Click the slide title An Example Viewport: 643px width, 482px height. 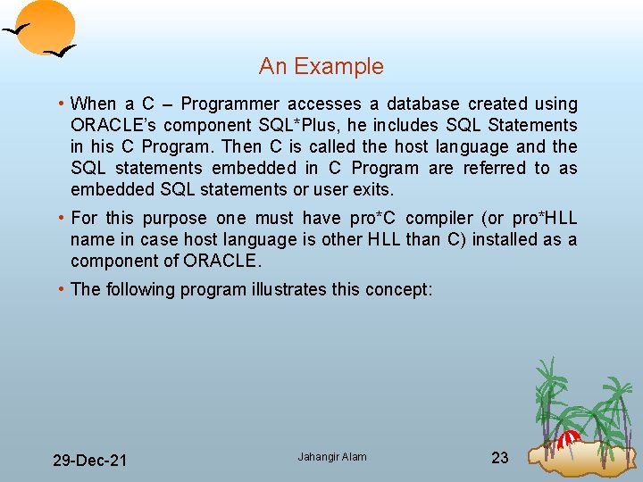tap(321, 67)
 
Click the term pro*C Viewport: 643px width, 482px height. tap(378, 219)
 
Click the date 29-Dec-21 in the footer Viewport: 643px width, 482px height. tap(89, 461)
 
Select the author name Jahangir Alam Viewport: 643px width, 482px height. tap(332, 457)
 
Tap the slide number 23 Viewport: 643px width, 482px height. tap(500, 458)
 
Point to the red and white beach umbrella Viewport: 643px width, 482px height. tap(568, 438)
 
